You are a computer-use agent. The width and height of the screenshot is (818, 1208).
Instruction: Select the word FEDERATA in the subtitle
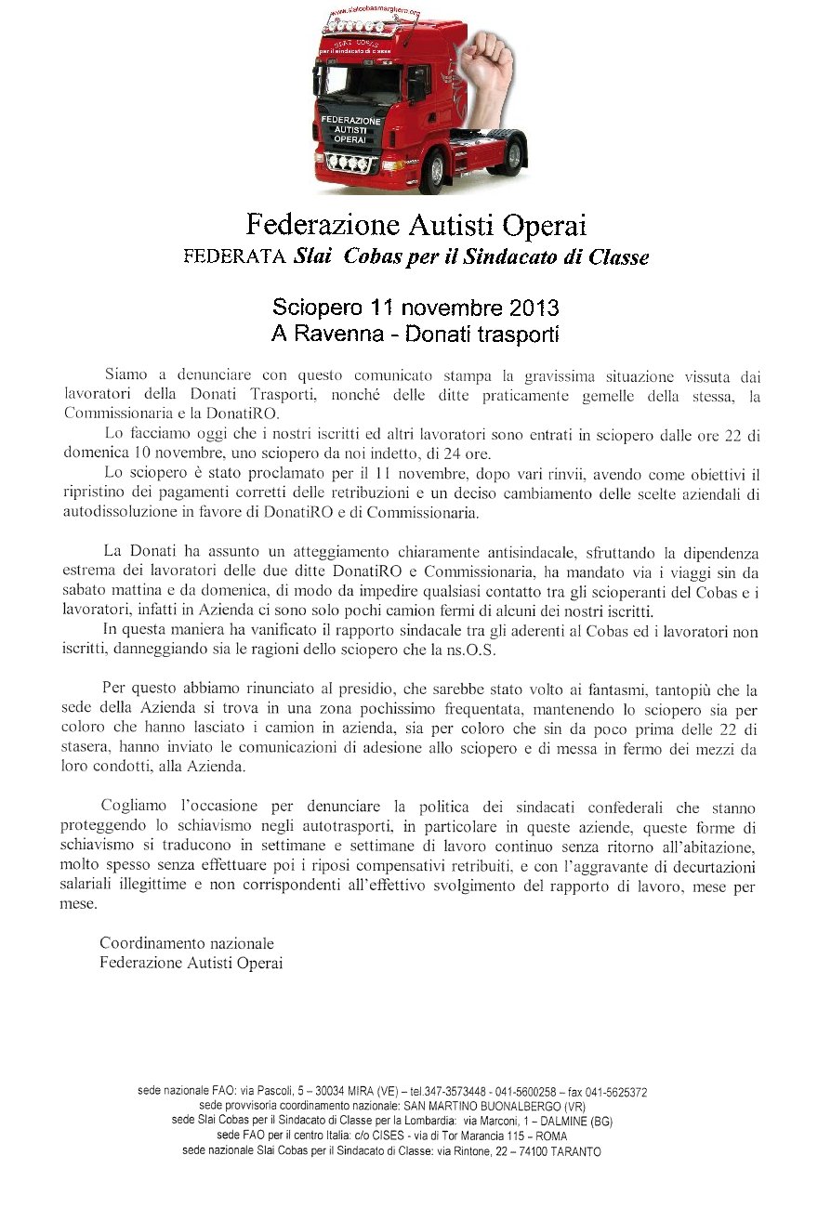(234, 257)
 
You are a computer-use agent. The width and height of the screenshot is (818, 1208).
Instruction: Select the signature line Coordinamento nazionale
(187, 944)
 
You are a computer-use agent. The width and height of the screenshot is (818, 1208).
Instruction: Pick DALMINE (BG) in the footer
(575, 1122)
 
